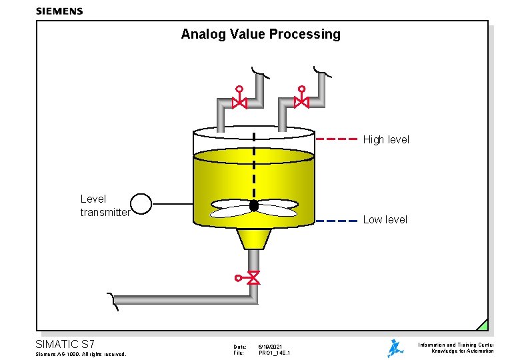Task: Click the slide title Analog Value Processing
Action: pos(260,34)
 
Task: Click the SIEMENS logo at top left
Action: pos(59,11)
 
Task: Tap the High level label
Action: pos(386,140)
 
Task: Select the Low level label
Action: pos(385,220)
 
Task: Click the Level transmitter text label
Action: pos(105,205)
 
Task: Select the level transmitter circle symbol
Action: pos(141,203)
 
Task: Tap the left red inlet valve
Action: pos(239,101)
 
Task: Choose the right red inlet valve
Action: pos(301,101)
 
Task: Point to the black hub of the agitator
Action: pos(254,206)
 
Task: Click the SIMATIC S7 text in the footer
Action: pos(65,344)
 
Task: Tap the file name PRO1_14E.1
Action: pos(275,353)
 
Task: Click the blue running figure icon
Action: pos(395,348)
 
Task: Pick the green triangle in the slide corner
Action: pos(483,325)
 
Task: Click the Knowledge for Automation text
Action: pos(463,351)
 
